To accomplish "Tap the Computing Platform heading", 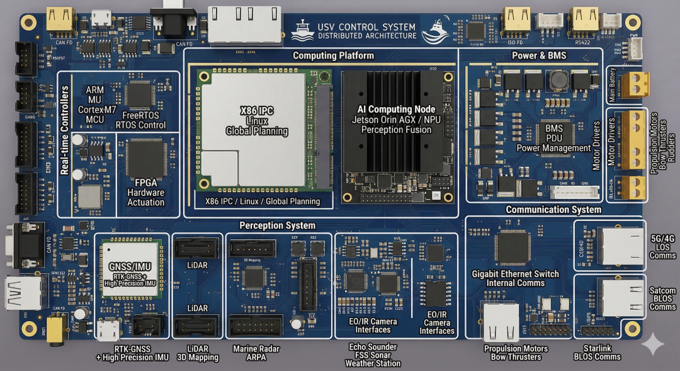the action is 333,56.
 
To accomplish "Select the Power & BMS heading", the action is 538,56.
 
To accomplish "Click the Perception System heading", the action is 277,225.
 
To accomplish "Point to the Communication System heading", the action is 553,210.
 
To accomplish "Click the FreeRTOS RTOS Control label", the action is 140,120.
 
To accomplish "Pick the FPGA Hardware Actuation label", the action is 145,193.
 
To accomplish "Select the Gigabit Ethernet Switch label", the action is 515,278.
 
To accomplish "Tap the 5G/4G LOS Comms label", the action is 662,247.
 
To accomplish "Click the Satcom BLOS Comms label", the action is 662,299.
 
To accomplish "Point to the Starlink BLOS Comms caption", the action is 597,353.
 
